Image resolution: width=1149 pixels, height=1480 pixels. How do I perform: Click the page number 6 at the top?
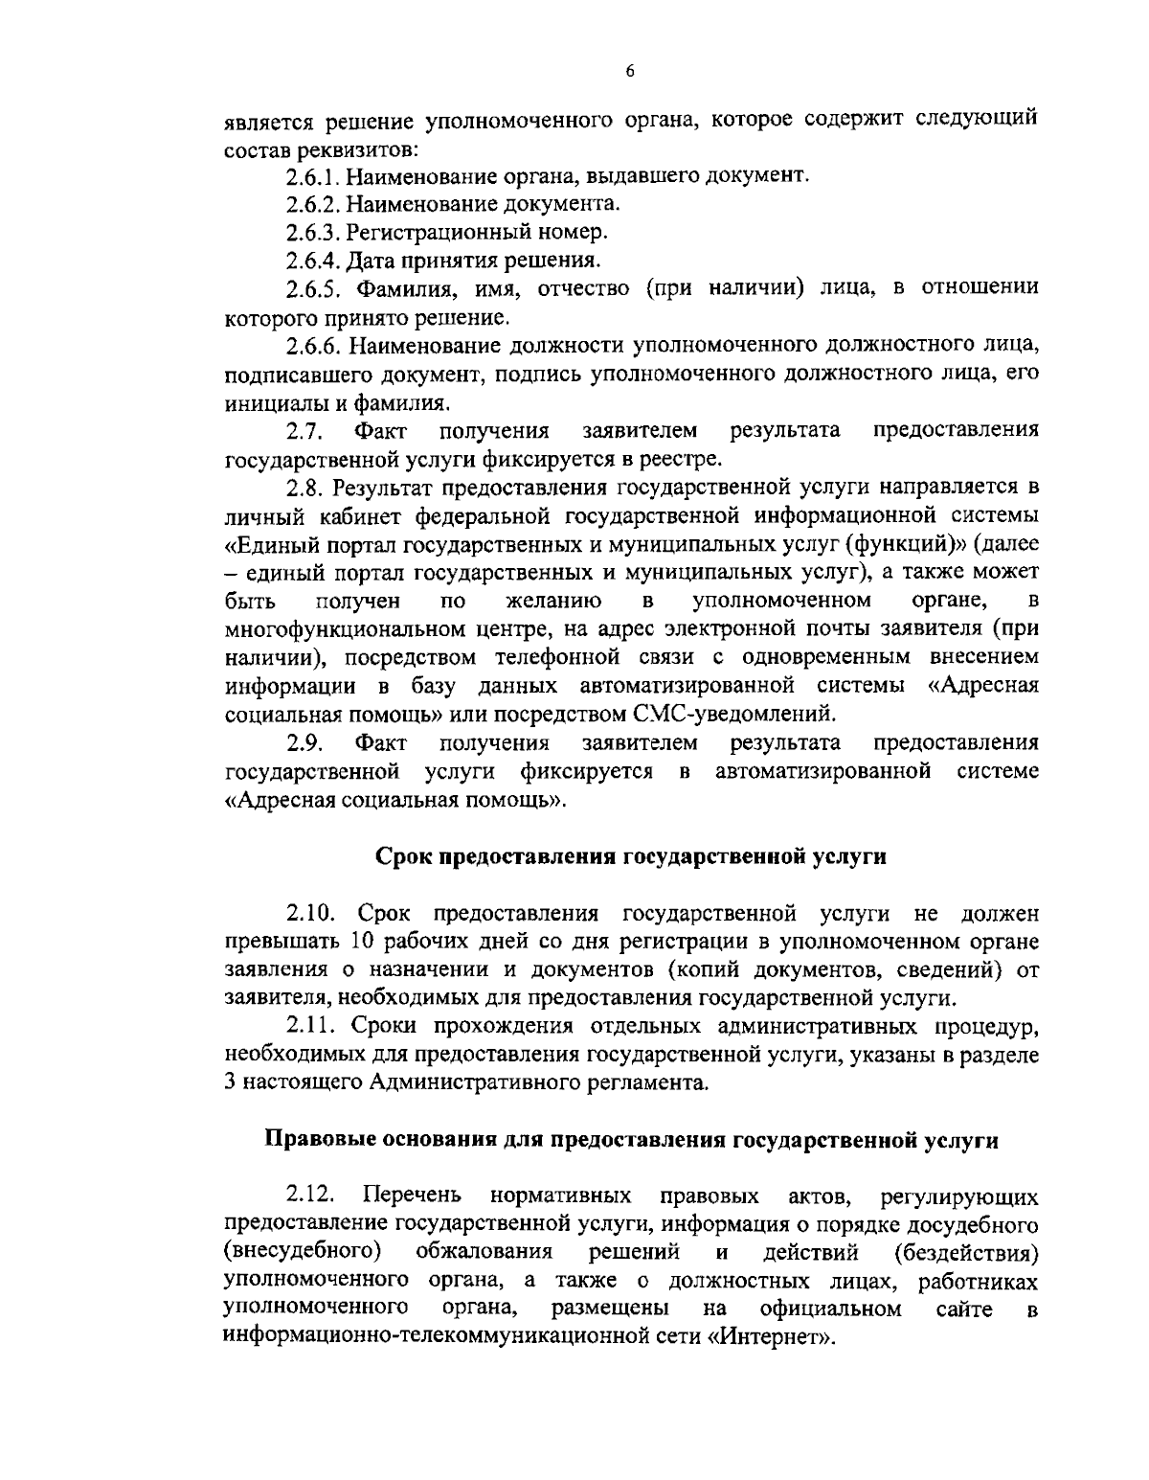629,71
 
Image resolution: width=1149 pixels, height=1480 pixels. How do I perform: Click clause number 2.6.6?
312,343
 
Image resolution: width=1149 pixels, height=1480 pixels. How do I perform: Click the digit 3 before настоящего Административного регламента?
231,1082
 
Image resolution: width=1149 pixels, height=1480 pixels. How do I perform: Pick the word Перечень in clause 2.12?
413,1195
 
